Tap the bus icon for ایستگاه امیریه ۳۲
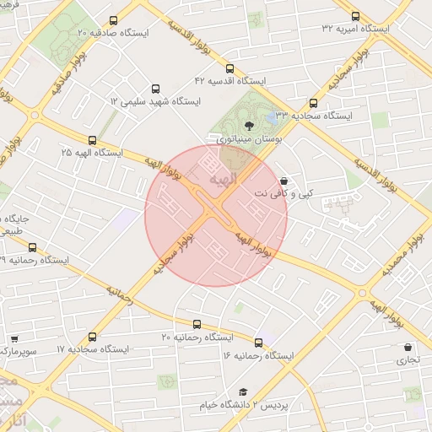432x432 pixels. [354, 15]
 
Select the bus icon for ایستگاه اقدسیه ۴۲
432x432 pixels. [230, 68]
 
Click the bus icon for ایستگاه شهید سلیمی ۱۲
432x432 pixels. [154, 88]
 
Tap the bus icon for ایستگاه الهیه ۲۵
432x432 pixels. [92, 141]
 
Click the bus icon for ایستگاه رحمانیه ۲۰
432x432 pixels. [197, 324]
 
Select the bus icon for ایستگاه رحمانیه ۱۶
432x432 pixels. [258, 343]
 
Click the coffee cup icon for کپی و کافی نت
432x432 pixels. [283, 181]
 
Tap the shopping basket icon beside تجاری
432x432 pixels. [408, 347]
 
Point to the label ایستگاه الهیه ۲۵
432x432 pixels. [92, 154]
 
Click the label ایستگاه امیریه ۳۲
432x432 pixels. [355, 28]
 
